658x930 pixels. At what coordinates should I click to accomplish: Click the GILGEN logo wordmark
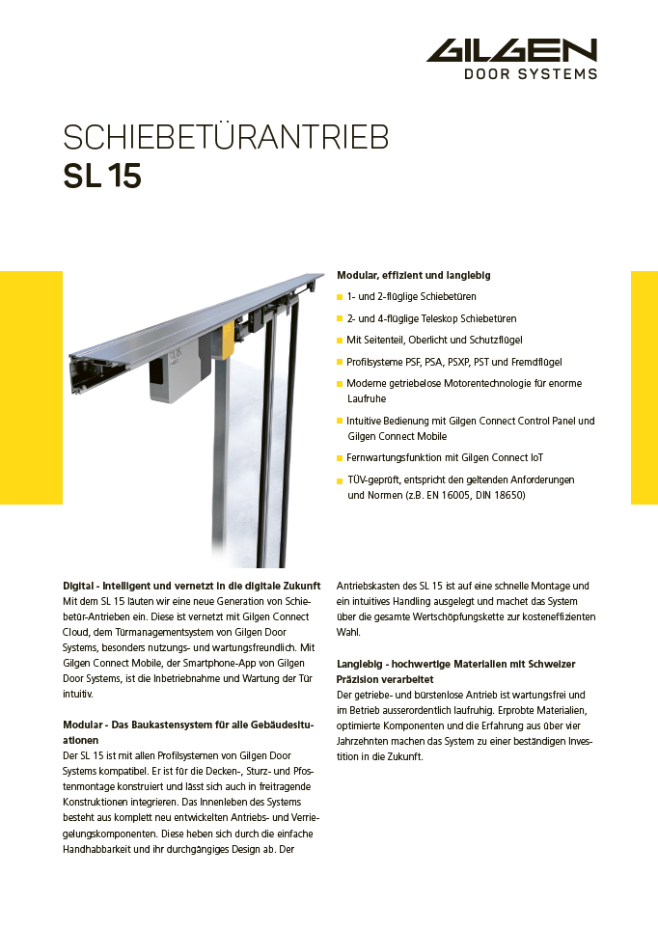(x=512, y=51)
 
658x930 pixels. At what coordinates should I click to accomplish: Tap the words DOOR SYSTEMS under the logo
(x=531, y=73)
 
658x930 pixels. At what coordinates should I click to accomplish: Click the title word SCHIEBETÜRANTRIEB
(x=226, y=138)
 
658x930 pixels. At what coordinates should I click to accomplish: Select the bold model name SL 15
(x=102, y=178)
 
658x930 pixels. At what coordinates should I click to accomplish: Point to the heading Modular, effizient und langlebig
(x=413, y=275)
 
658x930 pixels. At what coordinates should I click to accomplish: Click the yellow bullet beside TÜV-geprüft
(x=340, y=480)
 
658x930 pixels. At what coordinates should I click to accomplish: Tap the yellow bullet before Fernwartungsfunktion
(x=340, y=457)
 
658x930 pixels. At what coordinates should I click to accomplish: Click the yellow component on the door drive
(x=228, y=339)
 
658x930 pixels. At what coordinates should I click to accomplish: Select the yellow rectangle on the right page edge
(x=644, y=387)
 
